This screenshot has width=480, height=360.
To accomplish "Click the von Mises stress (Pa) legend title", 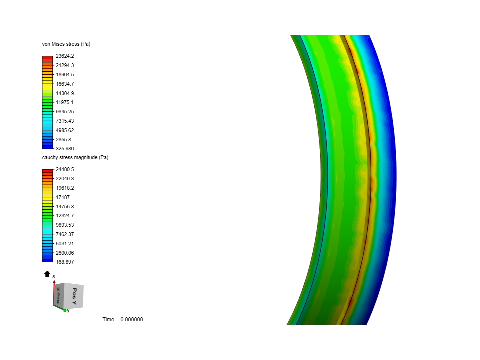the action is (x=66, y=44).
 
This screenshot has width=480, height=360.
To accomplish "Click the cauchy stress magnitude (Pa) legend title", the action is (x=75, y=157).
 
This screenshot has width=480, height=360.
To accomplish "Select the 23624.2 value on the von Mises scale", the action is (x=65, y=56).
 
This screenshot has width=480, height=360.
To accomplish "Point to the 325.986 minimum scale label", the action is (x=65, y=149).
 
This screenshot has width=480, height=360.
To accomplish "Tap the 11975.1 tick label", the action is (x=65, y=102).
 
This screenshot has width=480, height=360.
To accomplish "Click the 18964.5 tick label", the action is (x=65, y=75).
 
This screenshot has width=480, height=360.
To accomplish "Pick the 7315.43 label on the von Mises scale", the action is (x=65, y=121).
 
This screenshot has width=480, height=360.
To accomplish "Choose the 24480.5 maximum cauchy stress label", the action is (x=65, y=169).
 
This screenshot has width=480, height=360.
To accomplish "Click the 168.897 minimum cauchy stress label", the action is (x=65, y=262).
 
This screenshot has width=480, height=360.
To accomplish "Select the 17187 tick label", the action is (x=63, y=197).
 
